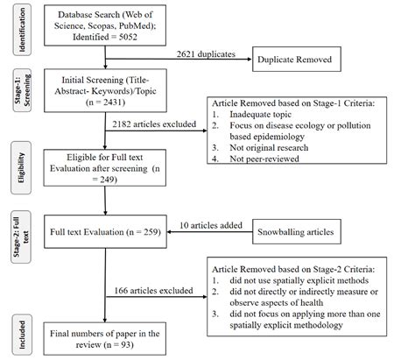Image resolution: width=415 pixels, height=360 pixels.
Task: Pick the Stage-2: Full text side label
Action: click(x=13, y=234)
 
